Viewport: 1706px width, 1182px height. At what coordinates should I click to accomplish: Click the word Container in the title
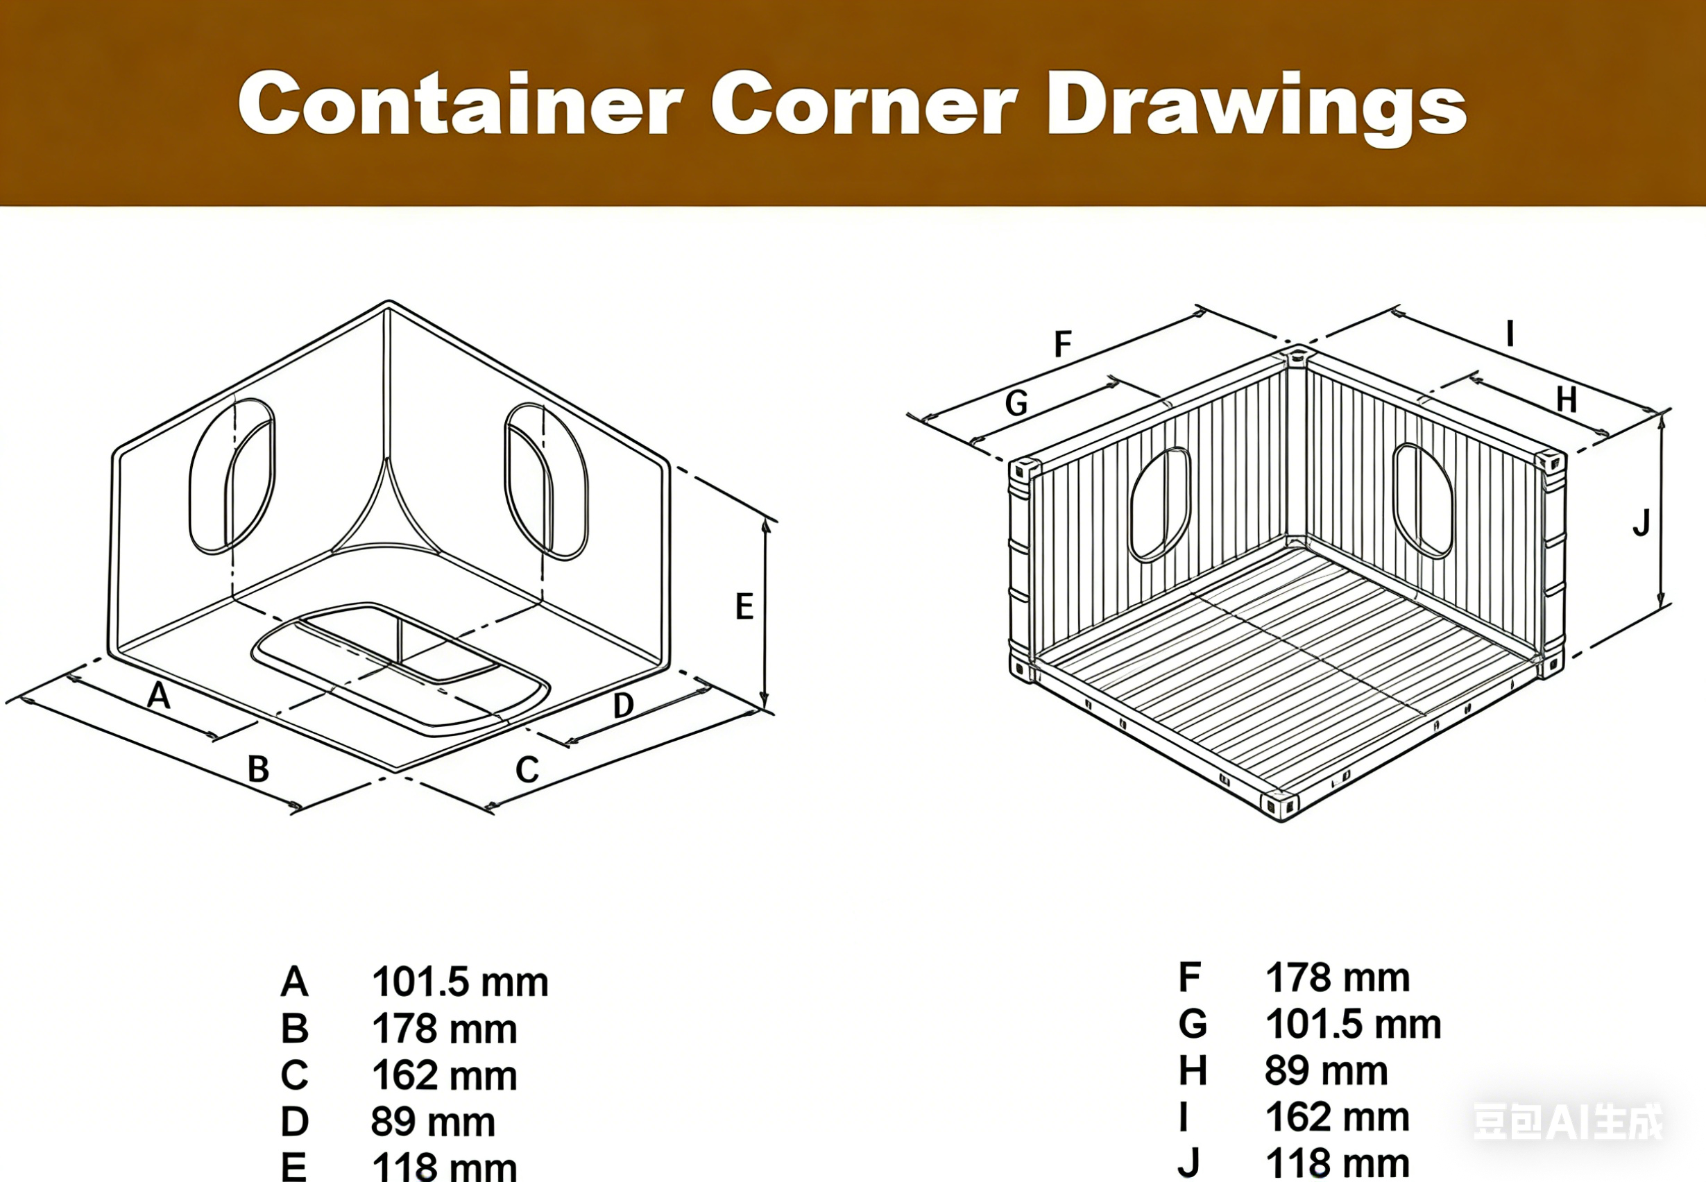pyautogui.click(x=459, y=103)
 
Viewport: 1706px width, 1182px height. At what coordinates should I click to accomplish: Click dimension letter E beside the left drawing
pyautogui.click(x=744, y=606)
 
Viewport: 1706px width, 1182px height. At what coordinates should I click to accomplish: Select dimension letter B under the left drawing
pyautogui.click(x=258, y=769)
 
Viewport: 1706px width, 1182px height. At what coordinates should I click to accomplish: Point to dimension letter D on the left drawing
pyautogui.click(x=623, y=705)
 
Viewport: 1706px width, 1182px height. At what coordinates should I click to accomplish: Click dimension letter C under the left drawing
pyautogui.click(x=527, y=770)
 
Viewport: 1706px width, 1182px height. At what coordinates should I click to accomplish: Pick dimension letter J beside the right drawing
pyautogui.click(x=1641, y=524)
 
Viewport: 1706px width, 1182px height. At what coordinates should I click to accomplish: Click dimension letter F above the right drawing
pyautogui.click(x=1063, y=344)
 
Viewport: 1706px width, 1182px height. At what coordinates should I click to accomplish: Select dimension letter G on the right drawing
pyautogui.click(x=1016, y=404)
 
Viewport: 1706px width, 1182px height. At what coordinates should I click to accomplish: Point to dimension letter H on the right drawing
pyautogui.click(x=1566, y=400)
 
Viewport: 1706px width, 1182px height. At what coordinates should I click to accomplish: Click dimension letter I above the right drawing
pyautogui.click(x=1510, y=334)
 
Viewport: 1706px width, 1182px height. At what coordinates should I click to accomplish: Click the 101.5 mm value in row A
pyautogui.click(x=460, y=982)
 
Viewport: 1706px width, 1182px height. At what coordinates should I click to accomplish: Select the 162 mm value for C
pyautogui.click(x=445, y=1075)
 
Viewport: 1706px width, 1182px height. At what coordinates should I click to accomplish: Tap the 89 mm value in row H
pyautogui.click(x=1326, y=1071)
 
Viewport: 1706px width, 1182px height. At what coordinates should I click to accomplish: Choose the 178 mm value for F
pyautogui.click(x=1338, y=977)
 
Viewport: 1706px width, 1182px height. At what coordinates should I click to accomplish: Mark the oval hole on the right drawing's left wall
pyautogui.click(x=1160, y=504)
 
